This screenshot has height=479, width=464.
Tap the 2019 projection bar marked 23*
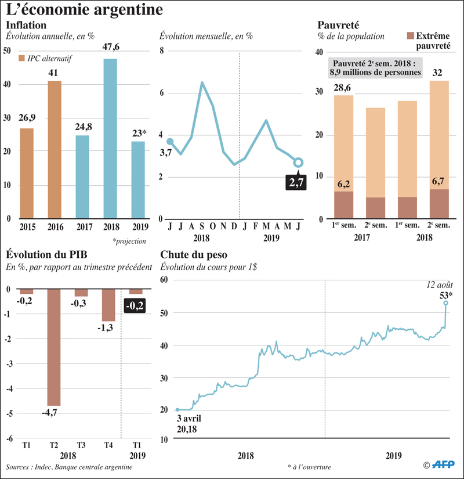[x=138, y=179]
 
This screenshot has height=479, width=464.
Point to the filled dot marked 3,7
[x=170, y=142]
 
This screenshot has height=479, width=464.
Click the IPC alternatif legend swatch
[x=21, y=58]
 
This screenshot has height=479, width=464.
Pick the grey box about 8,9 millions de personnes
[x=376, y=67]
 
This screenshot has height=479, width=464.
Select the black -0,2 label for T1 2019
[x=136, y=305]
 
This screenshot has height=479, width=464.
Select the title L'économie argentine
[x=84, y=10]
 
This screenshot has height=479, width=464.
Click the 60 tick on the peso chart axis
[x=163, y=279]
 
